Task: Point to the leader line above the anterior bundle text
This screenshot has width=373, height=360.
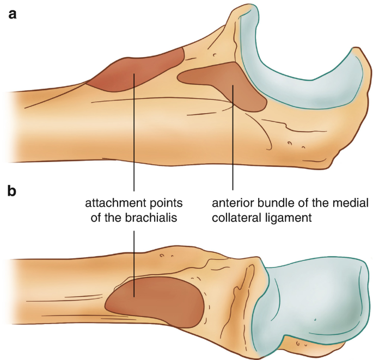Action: pos(233,152)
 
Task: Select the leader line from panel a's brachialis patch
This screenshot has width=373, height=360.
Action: pos(134,136)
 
